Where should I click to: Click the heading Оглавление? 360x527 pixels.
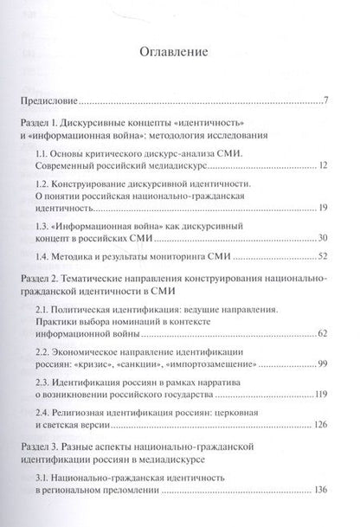tap(180, 57)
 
